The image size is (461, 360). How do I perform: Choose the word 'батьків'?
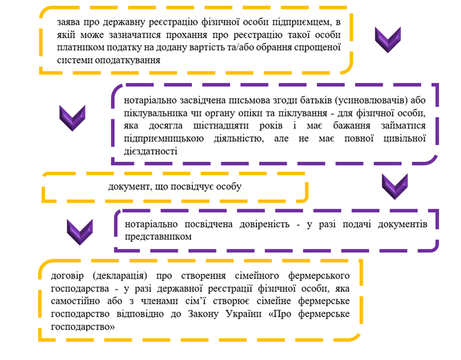316,101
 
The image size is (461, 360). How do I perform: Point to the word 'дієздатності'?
150,152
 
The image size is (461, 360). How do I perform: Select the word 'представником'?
158,237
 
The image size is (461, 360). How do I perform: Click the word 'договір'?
68,277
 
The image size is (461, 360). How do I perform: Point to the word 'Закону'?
203,314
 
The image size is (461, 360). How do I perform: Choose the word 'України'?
244,314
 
